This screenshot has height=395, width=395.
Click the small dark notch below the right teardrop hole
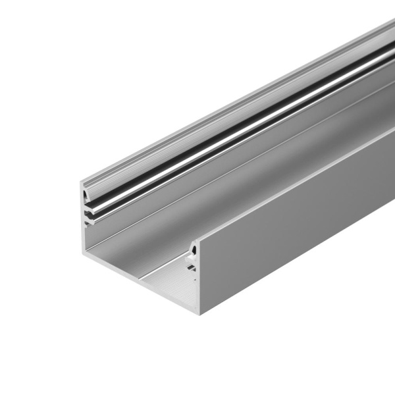tap(191, 267)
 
